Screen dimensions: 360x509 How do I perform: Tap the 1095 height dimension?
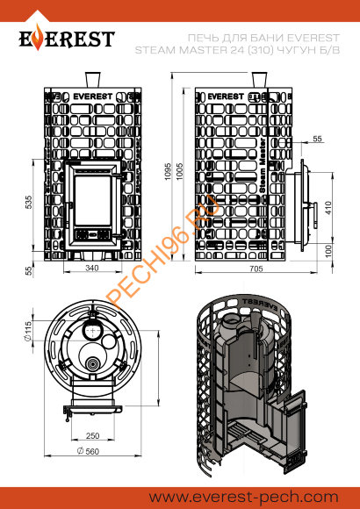(168, 171)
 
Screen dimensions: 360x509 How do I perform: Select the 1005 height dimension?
(181, 171)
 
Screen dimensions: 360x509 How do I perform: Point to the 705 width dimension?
(256, 269)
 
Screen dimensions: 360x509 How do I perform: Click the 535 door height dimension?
(29, 202)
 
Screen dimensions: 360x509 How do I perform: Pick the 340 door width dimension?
(92, 268)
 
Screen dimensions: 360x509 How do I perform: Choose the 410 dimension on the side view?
(328, 208)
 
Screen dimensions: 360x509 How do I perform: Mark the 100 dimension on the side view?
(328, 251)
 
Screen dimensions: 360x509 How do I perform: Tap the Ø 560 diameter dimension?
(88, 451)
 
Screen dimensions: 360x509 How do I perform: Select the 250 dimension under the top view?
(93, 435)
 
